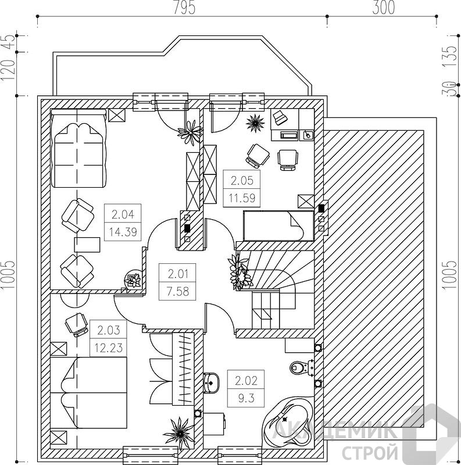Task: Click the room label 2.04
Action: click(123, 214)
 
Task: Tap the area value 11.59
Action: click(242, 198)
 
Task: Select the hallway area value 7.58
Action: click(178, 291)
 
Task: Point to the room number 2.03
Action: click(109, 330)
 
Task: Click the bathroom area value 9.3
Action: click(246, 398)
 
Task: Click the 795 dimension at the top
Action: click(184, 8)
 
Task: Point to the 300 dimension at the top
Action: click(384, 8)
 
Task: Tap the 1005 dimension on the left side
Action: click(8, 275)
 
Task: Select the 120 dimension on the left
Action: click(8, 70)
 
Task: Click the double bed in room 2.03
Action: click(89, 393)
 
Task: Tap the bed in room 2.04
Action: click(78, 148)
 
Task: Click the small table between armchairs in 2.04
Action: click(87, 245)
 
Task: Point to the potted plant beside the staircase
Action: click(239, 270)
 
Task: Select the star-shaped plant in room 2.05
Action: click(255, 123)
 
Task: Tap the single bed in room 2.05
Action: click(278, 226)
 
